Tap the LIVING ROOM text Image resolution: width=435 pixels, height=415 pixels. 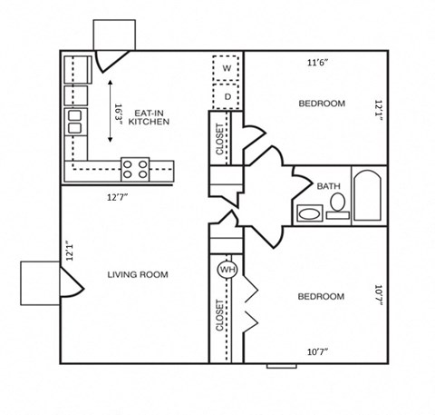(137, 274)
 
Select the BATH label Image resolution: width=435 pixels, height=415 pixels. (328, 186)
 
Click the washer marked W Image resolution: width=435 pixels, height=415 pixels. (227, 69)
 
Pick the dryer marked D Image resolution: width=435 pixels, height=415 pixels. (227, 94)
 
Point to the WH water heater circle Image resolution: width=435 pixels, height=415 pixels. (226, 270)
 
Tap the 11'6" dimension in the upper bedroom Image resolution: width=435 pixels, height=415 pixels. (318, 63)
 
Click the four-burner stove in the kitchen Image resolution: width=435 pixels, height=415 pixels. (137, 167)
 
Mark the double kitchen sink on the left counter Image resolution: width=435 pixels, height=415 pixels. (72, 122)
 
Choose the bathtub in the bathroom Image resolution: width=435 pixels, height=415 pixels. (366, 194)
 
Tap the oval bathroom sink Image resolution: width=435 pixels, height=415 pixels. (309, 215)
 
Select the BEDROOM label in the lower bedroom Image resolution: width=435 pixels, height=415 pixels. (322, 297)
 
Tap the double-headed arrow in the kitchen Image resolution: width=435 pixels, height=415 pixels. (110, 111)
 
